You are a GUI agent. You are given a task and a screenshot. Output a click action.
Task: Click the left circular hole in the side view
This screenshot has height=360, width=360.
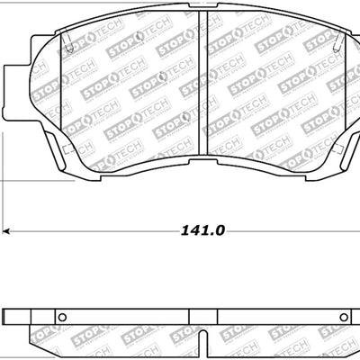(61, 317)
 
